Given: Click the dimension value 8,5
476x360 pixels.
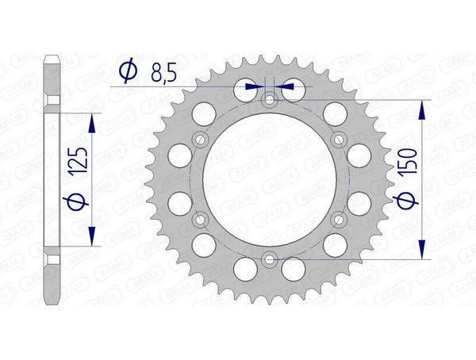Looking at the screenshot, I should pos(163,75).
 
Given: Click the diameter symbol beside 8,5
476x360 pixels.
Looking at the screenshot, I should pos(126,75).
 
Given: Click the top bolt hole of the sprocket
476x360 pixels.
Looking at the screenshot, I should pos(270,100).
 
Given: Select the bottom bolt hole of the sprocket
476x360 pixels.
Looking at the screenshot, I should pos(270,259).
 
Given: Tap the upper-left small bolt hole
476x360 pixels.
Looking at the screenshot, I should pos(201,140).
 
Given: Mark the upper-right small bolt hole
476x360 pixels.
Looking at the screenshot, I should pos(339,140).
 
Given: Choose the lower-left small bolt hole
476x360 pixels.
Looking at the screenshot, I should pos(201,219).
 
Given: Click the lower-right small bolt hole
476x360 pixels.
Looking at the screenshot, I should pos(339,219).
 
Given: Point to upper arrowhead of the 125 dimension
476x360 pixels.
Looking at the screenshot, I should pos(93,120).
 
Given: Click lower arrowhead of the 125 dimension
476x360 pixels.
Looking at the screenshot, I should pos(93,237).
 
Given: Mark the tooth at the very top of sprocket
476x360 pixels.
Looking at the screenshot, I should pos(270,54).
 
